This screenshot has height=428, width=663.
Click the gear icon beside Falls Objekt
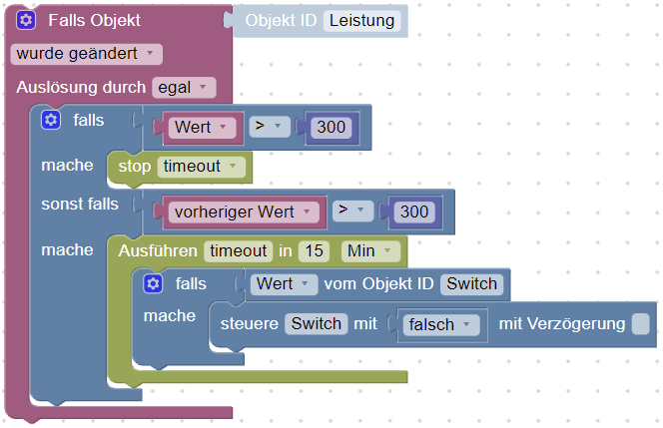pos(26,20)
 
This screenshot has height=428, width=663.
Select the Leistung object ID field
pos(361,20)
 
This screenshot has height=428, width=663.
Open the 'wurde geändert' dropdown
pos(86,53)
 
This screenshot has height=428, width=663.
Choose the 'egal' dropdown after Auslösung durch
pos(184,87)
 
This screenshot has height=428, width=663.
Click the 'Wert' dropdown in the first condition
pos(203,128)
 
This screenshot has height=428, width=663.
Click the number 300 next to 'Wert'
pos(330,128)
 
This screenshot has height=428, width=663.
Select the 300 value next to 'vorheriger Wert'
pos(413,212)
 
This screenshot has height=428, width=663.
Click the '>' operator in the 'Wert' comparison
pos(268,128)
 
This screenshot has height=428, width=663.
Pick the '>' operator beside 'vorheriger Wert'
pos(352,212)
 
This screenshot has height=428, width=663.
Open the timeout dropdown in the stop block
pos(201,166)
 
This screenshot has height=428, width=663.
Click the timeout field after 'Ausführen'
pos(238,250)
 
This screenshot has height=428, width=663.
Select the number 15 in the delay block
pos(314,250)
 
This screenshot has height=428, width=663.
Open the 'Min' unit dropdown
pos(370,250)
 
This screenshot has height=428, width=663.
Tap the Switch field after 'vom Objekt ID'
pos(470,283)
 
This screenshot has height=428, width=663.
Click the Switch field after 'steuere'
pos(316,323)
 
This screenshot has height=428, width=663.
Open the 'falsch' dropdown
pos(439,324)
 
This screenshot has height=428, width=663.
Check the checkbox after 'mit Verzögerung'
pos(640,323)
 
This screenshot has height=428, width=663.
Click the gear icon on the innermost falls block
pos(153,284)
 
